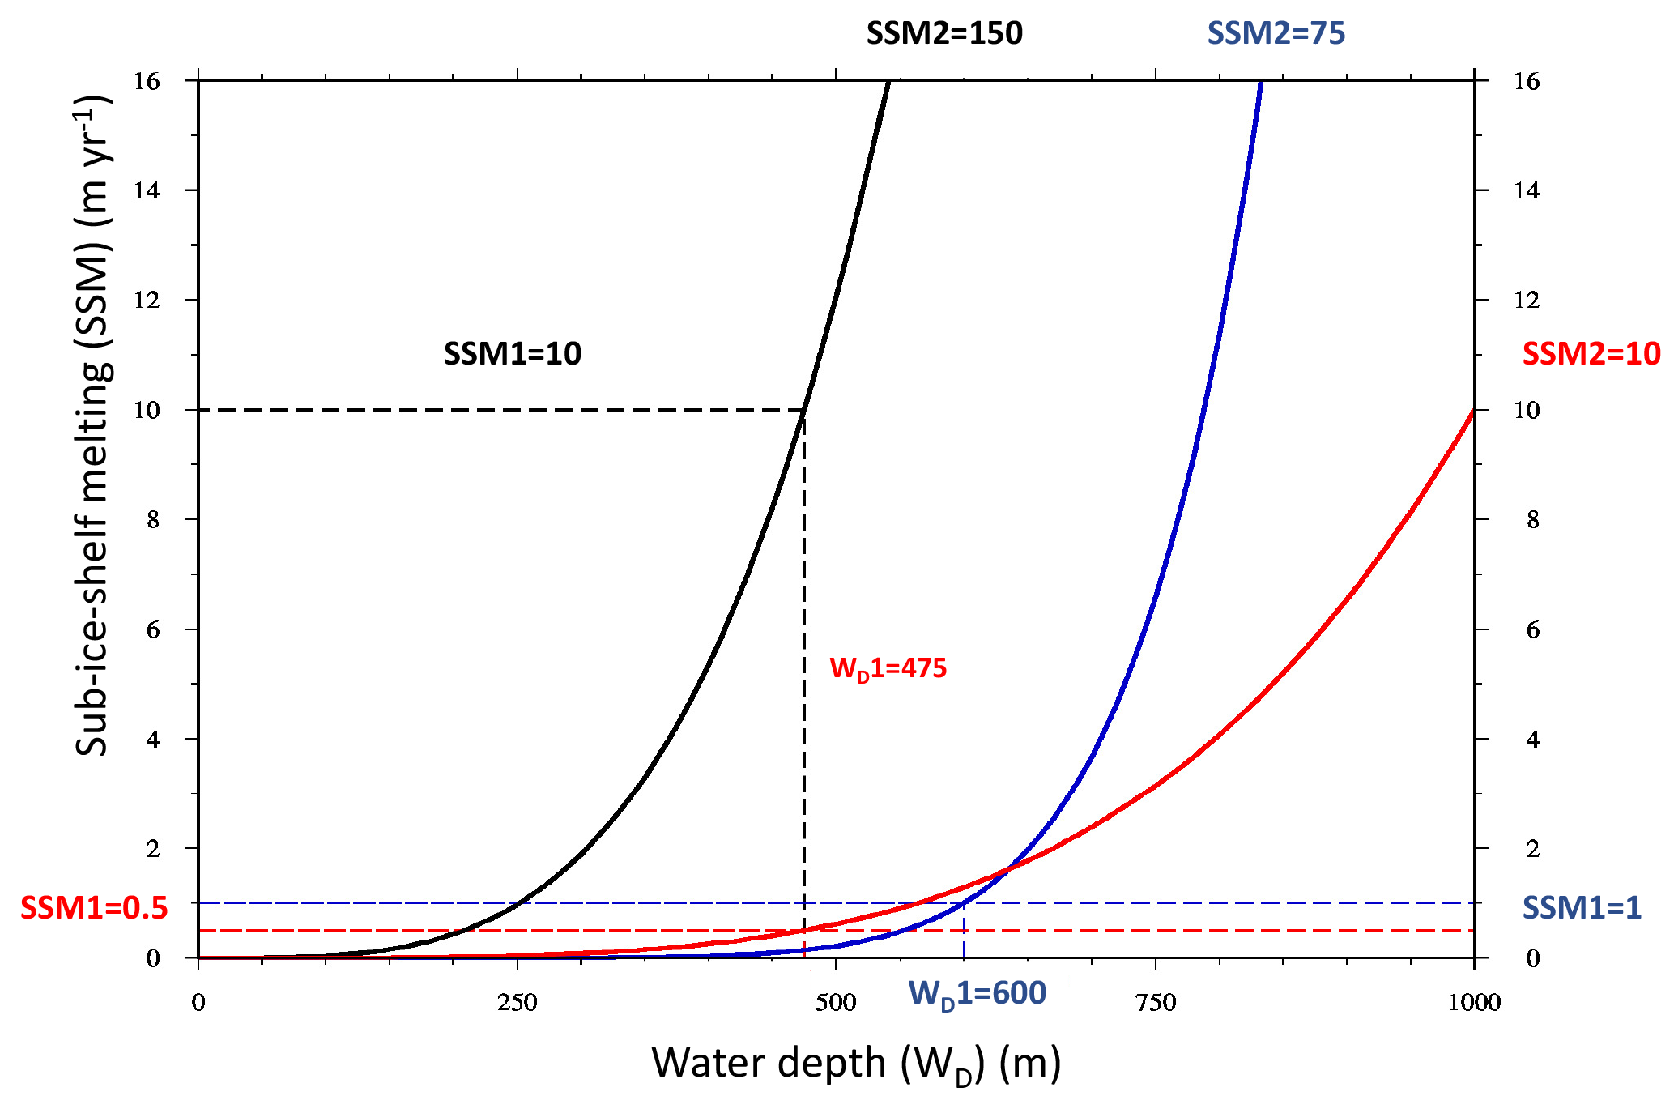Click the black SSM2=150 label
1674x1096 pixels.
(944, 33)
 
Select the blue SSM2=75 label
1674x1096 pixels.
(1276, 33)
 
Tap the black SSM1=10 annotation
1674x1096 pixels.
(513, 354)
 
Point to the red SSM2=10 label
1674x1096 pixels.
(1591, 354)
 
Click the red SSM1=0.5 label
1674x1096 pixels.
(94, 908)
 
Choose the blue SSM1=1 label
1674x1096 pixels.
(1582, 908)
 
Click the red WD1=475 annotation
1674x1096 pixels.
(888, 668)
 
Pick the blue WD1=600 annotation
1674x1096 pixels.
(978, 994)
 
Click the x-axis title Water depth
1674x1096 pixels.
(856, 1063)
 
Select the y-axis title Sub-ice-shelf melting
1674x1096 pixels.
(92, 425)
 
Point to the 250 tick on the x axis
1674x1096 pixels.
(518, 1003)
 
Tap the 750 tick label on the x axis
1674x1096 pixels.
(1156, 1003)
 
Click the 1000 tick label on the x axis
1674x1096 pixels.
(1474, 1003)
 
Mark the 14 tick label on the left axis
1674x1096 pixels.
(147, 190)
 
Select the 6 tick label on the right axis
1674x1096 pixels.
(1532, 629)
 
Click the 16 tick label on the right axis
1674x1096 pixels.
(1527, 81)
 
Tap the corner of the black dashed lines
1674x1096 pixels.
(803, 410)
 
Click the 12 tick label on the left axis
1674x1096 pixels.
(147, 300)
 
